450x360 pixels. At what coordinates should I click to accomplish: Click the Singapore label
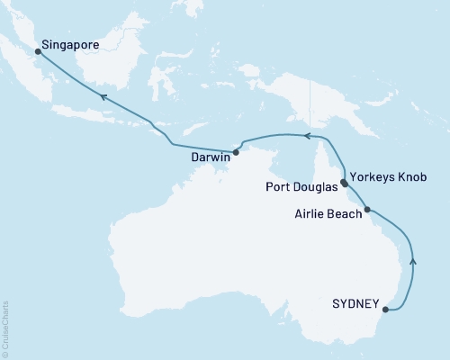tap(69, 42)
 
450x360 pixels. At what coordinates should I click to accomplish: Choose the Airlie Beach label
tap(328, 214)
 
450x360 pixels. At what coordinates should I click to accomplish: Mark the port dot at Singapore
tap(38, 51)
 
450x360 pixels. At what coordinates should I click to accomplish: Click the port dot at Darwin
tap(236, 152)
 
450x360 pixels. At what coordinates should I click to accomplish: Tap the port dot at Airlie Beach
tap(367, 210)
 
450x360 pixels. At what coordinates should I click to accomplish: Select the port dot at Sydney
tap(385, 310)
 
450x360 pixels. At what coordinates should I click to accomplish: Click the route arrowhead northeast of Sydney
tap(413, 261)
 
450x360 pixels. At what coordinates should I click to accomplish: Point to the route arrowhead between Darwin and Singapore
tap(103, 96)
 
